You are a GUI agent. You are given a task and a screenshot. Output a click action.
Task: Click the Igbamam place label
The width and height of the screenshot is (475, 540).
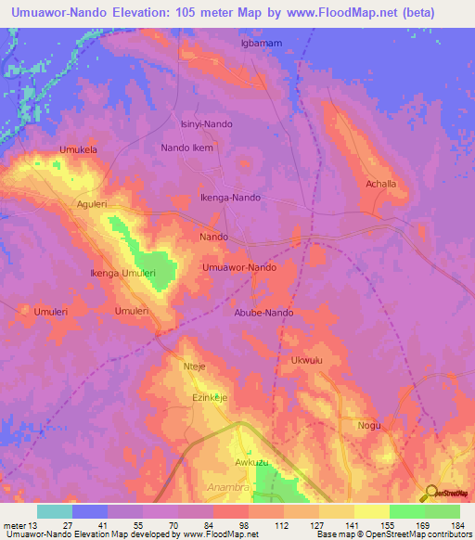(x=262, y=43)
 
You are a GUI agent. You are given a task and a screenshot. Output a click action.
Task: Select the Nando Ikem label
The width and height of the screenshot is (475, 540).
(x=187, y=148)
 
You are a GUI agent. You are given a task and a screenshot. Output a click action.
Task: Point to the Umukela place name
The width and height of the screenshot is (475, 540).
(x=78, y=149)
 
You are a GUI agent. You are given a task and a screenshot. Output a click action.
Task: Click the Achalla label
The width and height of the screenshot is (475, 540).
(x=380, y=184)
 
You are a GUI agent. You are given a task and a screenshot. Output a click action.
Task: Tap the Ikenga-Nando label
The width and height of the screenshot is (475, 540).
(x=231, y=198)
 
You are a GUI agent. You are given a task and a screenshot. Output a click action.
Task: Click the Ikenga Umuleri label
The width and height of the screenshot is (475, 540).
(x=122, y=274)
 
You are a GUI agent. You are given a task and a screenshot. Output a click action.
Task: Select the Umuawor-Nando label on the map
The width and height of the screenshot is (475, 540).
(x=239, y=267)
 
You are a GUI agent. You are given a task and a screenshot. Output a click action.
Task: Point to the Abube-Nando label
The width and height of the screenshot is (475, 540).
(x=263, y=313)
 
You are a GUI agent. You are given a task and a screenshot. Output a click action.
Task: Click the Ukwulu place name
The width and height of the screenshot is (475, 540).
(x=306, y=359)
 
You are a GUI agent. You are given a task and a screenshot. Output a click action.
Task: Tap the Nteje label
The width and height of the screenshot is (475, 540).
(x=194, y=366)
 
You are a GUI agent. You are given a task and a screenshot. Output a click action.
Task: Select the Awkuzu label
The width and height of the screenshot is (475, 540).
(x=250, y=461)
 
